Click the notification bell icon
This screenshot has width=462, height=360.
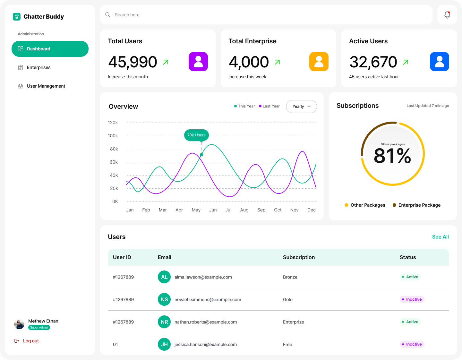click(447, 15)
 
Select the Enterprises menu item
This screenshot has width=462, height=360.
click(38, 67)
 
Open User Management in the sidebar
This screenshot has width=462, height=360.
click(46, 86)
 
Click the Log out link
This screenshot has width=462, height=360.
click(30, 341)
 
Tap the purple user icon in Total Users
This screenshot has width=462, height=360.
click(198, 62)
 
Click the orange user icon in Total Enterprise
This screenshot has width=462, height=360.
click(319, 62)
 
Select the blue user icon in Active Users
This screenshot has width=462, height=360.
click(440, 62)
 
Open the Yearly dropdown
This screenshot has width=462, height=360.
click(301, 107)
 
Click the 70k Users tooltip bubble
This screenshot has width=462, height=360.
click(196, 135)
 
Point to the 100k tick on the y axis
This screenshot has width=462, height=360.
click(113, 136)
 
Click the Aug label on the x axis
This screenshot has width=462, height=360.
click(244, 210)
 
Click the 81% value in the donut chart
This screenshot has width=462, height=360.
click(392, 156)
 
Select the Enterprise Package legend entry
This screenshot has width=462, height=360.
click(419, 205)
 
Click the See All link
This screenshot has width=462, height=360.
click(440, 237)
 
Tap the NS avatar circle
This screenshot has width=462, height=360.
click(164, 299)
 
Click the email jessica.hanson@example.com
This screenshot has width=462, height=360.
click(205, 344)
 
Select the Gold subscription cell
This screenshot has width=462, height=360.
click(288, 299)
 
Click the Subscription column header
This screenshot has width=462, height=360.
click(299, 257)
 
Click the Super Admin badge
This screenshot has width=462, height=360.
click(39, 328)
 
